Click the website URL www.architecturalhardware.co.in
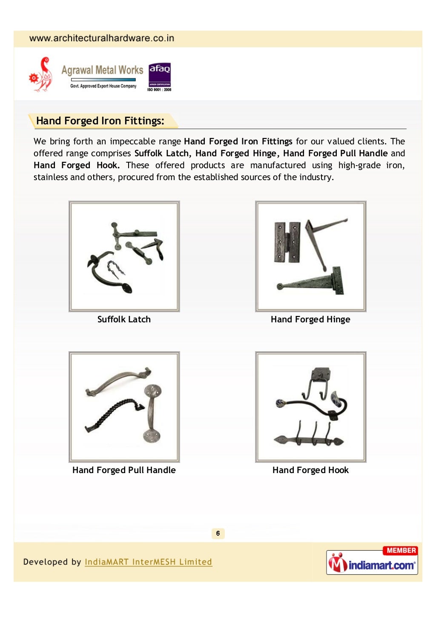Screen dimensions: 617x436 click(x=102, y=38)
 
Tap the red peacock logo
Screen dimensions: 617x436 click(x=41, y=75)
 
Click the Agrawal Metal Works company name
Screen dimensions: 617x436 click(x=102, y=70)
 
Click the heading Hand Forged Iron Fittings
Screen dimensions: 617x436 click(x=100, y=121)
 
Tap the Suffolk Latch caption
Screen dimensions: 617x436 click(x=124, y=319)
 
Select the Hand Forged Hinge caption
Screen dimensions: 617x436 click(x=310, y=319)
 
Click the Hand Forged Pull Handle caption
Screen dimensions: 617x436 click(x=124, y=470)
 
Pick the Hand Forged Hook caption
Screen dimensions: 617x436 click(x=310, y=470)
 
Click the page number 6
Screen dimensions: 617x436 click(x=218, y=534)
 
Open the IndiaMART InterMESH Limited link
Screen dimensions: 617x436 click(x=148, y=562)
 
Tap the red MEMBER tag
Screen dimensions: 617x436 click(x=401, y=551)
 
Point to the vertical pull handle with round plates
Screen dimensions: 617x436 click(x=152, y=413)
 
